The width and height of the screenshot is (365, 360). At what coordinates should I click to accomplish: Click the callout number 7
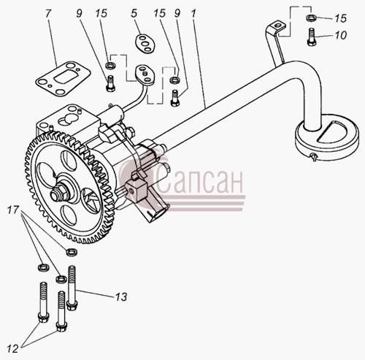pyautogui.click(x=48, y=14)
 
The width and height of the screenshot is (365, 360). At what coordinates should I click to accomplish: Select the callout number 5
pyautogui.click(x=134, y=14)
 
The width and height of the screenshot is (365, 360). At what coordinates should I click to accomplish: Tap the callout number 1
pyautogui.click(x=193, y=14)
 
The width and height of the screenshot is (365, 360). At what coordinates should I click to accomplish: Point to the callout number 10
pyautogui.click(x=341, y=36)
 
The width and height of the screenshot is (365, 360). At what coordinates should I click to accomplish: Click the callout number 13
pyautogui.click(x=121, y=297)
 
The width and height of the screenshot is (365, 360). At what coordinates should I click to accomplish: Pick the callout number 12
pyautogui.click(x=13, y=349)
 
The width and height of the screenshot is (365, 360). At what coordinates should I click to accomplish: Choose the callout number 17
pyautogui.click(x=13, y=210)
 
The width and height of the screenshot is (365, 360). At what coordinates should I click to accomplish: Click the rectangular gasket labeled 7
pyautogui.click(x=64, y=79)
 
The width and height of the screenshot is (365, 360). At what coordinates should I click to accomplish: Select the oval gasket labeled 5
pyautogui.click(x=145, y=43)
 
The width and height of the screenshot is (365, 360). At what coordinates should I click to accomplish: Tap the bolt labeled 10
pyautogui.click(x=312, y=37)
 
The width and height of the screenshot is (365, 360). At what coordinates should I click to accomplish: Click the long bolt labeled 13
pyautogui.click(x=72, y=288)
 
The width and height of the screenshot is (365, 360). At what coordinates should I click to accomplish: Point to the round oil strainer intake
pyautogui.click(x=327, y=137)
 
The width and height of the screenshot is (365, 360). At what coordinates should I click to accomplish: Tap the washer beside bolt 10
pyautogui.click(x=311, y=18)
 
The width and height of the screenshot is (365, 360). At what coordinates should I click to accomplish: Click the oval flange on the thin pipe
pyautogui.click(x=145, y=75)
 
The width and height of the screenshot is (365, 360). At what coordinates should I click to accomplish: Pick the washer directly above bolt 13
pyautogui.click(x=72, y=252)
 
